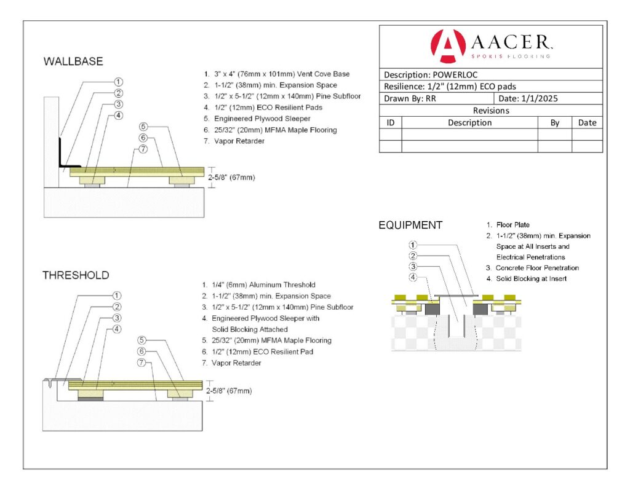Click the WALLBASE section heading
(73, 61)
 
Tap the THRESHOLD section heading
(76, 275)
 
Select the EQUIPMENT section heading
(410, 225)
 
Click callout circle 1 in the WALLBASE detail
(118, 82)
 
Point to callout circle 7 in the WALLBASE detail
(143, 149)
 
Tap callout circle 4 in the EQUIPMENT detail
(414, 277)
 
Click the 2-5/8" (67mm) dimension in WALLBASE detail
(231, 178)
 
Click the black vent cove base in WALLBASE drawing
(63, 155)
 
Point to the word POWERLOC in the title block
(455, 74)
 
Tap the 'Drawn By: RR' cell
(410, 98)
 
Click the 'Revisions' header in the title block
(490, 111)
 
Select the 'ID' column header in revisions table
(390, 122)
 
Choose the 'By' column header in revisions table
(554, 122)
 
